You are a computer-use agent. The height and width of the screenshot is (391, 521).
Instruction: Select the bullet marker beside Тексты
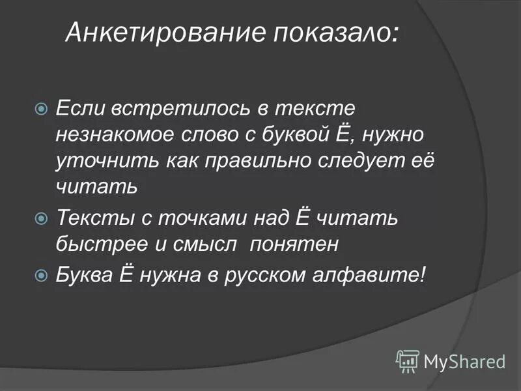(x=41, y=217)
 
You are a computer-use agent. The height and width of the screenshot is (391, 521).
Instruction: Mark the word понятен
(x=296, y=244)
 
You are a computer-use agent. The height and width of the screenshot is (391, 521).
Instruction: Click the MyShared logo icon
(x=408, y=360)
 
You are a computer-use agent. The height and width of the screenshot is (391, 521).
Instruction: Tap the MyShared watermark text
(x=465, y=360)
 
